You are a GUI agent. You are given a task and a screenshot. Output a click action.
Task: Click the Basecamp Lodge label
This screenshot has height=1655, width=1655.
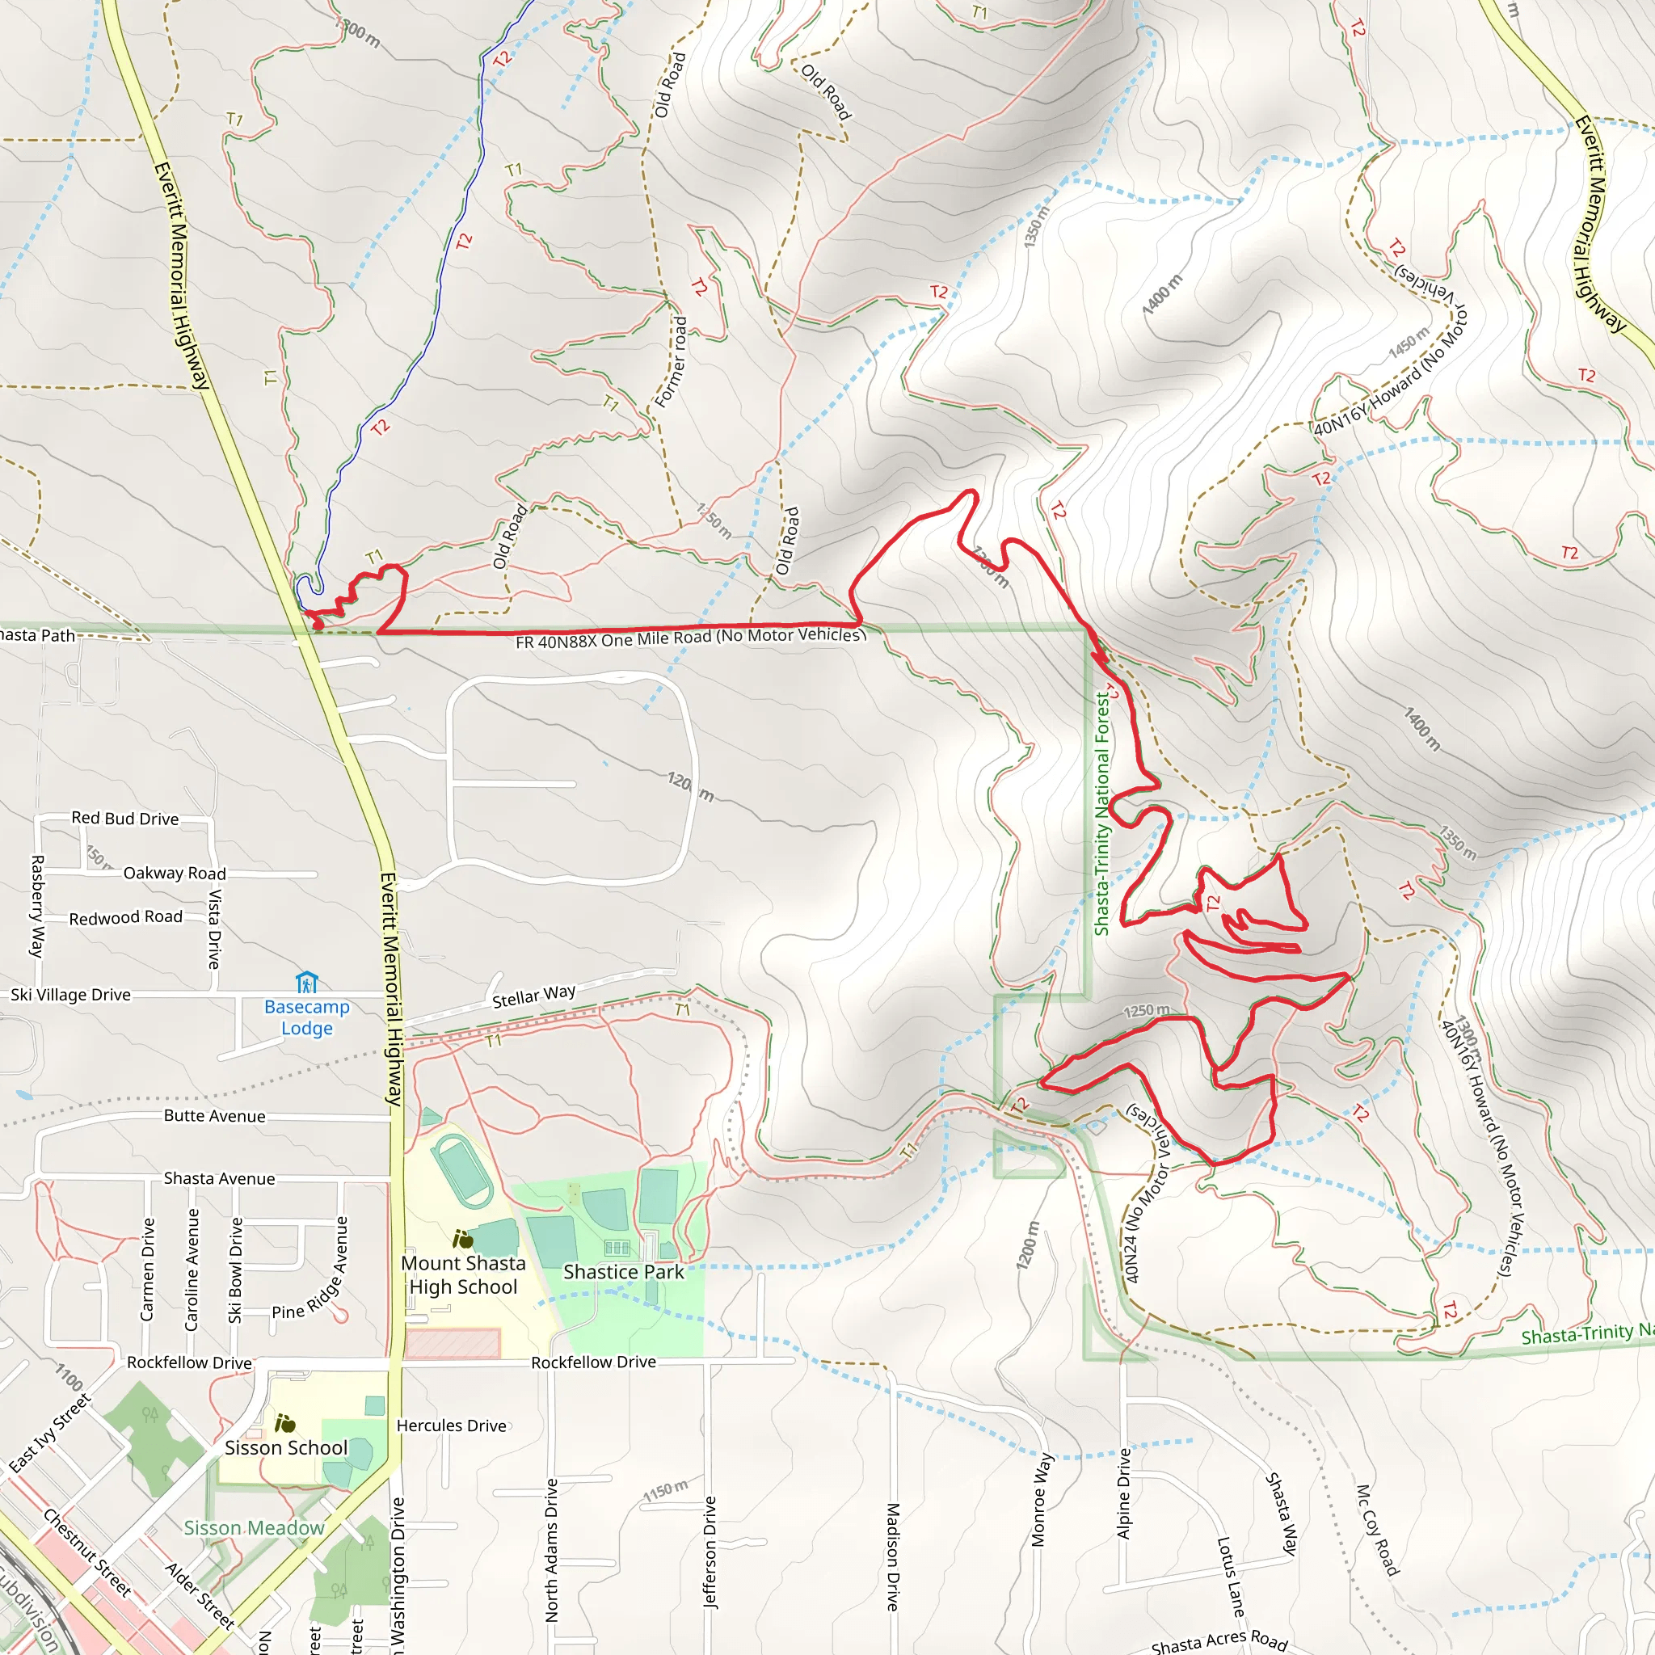tap(306, 1017)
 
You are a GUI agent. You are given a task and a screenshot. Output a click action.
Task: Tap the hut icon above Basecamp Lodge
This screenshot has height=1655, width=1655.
tap(306, 982)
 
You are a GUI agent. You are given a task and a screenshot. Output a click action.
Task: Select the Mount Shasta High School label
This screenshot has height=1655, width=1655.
tap(463, 1274)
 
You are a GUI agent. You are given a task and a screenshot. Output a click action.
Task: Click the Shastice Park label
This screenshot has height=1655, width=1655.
tap(624, 1272)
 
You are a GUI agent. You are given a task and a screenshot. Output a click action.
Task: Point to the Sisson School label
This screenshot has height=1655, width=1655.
tap(286, 1447)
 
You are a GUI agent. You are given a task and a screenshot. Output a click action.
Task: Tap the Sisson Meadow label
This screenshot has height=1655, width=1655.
tap(255, 1528)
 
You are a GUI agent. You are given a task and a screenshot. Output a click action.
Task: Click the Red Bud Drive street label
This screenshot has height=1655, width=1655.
tap(125, 818)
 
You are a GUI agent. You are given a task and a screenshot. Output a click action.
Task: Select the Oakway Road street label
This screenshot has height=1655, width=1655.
tap(175, 873)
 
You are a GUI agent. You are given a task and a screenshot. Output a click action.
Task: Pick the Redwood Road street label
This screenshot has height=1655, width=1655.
tap(126, 917)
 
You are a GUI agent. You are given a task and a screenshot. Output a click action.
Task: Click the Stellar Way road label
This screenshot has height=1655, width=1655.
tap(533, 996)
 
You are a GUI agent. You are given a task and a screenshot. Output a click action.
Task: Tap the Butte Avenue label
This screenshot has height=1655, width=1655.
tap(214, 1116)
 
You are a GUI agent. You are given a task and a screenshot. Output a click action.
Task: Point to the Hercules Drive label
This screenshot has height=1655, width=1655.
tap(452, 1425)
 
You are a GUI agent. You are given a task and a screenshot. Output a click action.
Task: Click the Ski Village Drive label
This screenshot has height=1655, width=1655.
tap(70, 995)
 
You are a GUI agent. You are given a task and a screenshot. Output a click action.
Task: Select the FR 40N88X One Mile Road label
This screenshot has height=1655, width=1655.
tap(689, 638)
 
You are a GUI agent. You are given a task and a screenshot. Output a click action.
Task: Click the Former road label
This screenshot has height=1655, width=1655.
tap(671, 360)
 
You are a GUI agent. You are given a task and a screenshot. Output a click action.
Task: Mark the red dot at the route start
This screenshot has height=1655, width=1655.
tap(318, 625)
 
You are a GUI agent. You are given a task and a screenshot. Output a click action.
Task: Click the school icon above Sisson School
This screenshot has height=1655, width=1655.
tap(284, 1423)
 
